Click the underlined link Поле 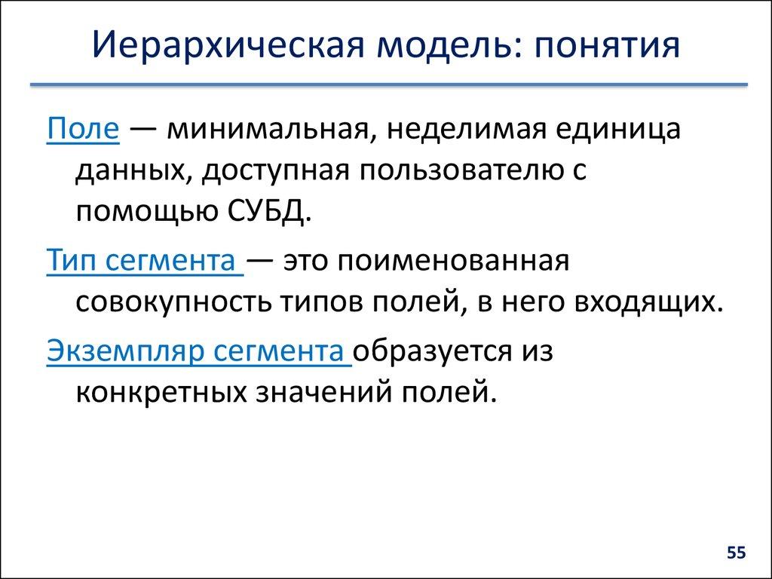[82, 130]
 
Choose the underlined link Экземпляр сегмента [198, 351]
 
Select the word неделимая [468, 130]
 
